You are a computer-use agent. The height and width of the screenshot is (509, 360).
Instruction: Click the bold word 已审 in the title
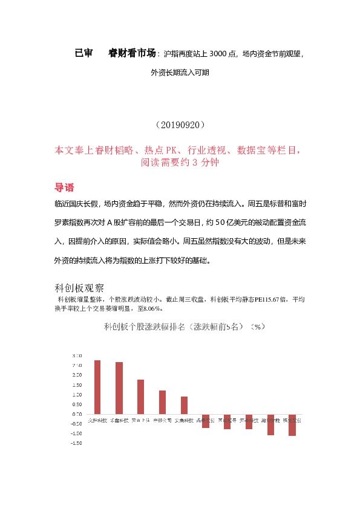click(x=83, y=53)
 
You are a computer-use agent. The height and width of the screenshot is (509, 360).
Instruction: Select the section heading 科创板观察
click(x=80, y=287)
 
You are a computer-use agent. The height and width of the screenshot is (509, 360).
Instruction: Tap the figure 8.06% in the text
click(x=148, y=308)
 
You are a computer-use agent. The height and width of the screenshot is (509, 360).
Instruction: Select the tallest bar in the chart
click(x=97, y=387)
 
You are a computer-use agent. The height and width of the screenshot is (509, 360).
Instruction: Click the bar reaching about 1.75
click(x=141, y=397)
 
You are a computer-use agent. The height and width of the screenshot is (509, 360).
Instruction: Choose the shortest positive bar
click(x=184, y=405)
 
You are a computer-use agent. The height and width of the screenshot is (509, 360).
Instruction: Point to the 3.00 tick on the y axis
click(x=77, y=355)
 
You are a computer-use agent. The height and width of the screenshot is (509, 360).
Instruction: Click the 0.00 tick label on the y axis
click(x=77, y=414)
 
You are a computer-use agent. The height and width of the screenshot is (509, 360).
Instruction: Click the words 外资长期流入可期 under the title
click(x=180, y=73)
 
